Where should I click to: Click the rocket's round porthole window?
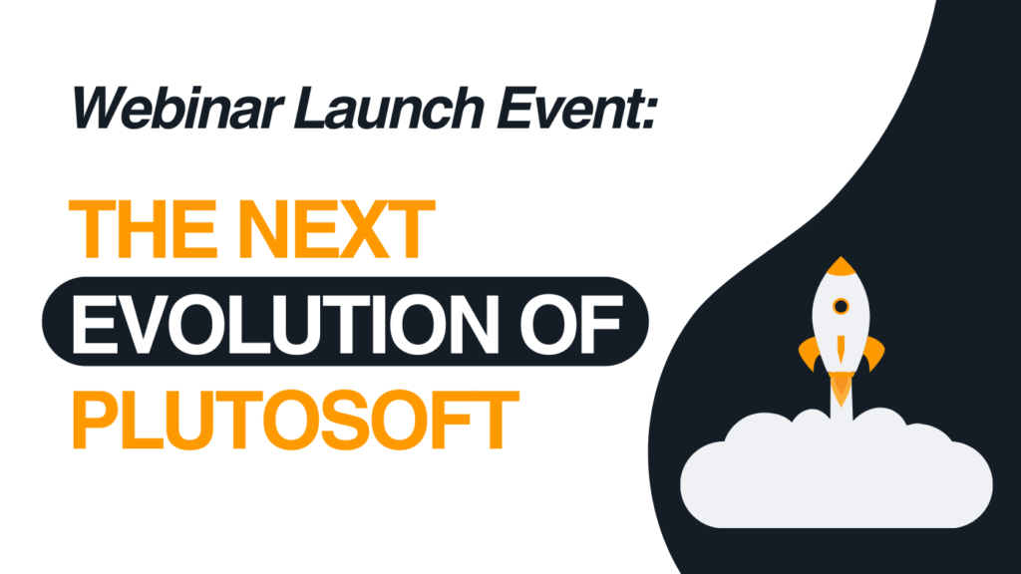pos(842,306)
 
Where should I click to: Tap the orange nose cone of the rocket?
pos(842,266)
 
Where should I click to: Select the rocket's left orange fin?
pos(809,352)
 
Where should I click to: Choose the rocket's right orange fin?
pos(874,352)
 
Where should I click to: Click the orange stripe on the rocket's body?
pos(842,349)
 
